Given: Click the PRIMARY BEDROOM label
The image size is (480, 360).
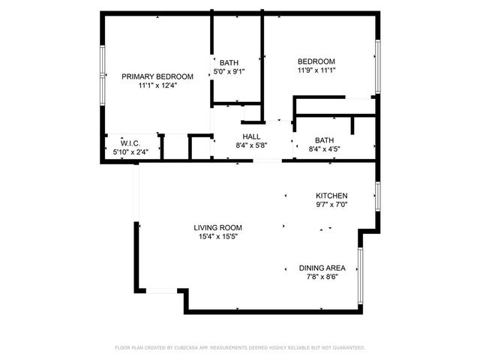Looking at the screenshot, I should (157, 76).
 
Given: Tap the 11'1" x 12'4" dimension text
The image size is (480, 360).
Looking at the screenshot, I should (157, 85).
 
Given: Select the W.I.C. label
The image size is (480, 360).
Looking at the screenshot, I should (130, 142).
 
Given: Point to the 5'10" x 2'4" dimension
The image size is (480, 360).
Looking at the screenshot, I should (130, 152).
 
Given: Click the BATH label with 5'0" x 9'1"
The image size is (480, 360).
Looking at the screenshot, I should (229, 62).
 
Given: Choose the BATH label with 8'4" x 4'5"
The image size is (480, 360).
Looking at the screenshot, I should (324, 140).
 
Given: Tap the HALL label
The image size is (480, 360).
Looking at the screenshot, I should (250, 125).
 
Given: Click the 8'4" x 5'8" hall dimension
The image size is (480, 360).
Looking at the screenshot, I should (250, 135).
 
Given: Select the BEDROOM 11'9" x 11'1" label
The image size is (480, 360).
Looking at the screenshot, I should (316, 61).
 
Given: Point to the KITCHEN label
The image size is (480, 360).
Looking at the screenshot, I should (331, 195).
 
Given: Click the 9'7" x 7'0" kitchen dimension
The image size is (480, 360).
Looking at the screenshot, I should (331, 204).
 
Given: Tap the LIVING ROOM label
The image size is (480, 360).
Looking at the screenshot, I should (217, 227).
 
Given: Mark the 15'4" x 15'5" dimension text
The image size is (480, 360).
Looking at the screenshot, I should (217, 237).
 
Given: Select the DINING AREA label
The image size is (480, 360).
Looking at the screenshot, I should (322, 268).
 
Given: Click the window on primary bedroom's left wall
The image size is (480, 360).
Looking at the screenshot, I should (103, 73).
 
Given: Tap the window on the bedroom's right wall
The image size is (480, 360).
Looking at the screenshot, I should (379, 65).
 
